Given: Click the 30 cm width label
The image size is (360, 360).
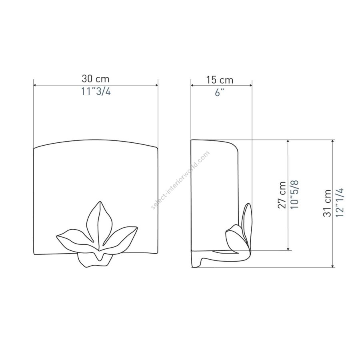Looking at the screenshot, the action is tap(96, 79).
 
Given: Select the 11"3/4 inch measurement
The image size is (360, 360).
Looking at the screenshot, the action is tap(96, 92).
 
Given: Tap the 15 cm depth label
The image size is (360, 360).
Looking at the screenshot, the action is tap(220, 80).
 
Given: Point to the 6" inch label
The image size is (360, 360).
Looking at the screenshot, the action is tap(219, 93).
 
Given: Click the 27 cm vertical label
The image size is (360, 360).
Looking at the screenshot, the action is tap(282, 195).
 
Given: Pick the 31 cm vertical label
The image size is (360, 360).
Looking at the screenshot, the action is tap(327, 203).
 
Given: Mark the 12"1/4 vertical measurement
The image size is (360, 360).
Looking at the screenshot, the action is tap(339, 202).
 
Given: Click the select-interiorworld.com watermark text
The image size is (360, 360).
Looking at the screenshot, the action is tap(180, 180).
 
